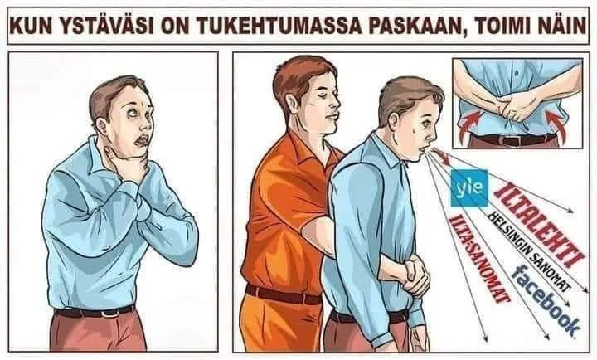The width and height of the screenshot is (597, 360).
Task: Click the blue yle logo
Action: (x=468, y=187)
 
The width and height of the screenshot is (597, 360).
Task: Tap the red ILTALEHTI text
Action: (x=539, y=225)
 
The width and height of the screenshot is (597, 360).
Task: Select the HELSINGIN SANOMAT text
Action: (x=529, y=251)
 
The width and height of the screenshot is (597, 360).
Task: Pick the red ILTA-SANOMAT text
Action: (x=479, y=258)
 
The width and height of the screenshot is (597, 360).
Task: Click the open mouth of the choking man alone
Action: (x=143, y=141)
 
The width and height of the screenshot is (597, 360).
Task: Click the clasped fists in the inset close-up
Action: (x=515, y=106)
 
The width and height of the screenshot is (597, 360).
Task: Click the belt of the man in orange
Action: (x=284, y=294)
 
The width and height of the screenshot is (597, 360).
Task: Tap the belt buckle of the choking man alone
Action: (x=108, y=314)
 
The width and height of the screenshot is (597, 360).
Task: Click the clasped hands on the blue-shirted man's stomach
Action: (x=416, y=275)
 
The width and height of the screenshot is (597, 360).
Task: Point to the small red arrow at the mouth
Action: (x=441, y=157)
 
